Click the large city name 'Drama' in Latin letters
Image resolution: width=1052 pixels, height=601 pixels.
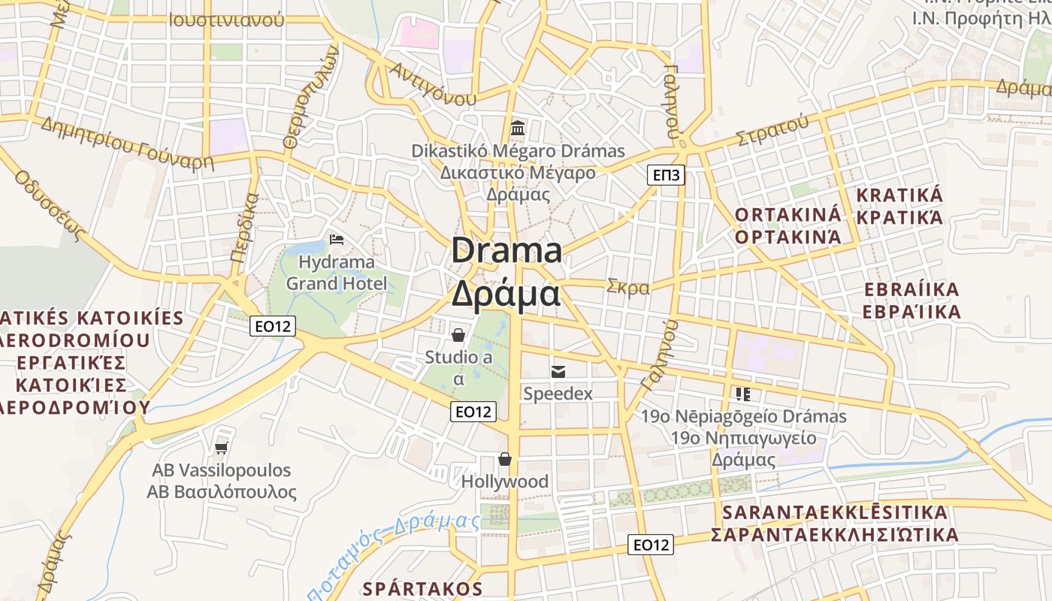point(506,250)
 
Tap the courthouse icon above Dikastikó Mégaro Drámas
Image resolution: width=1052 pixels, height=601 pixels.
point(518,128)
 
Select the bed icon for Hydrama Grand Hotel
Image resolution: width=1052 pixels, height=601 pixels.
point(337,240)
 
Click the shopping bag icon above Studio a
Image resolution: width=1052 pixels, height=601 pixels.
point(458,334)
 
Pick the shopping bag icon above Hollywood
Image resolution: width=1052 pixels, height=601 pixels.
point(505,458)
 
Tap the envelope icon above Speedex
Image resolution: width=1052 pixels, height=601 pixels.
point(558,371)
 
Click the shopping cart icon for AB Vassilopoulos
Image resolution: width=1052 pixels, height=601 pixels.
point(221,448)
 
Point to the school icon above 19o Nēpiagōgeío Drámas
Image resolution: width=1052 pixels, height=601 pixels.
point(743,394)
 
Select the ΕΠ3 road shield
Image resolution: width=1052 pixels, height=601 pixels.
point(666,176)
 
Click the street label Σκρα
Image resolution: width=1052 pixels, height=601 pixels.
point(627,287)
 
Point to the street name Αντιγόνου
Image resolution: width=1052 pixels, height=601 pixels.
point(433,83)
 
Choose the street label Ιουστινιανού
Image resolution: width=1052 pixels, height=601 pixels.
point(227,20)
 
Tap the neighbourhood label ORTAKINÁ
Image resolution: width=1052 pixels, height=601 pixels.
point(787,214)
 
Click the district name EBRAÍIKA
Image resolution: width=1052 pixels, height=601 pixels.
point(911,289)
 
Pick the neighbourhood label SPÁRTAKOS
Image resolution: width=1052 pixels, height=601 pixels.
point(422,587)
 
